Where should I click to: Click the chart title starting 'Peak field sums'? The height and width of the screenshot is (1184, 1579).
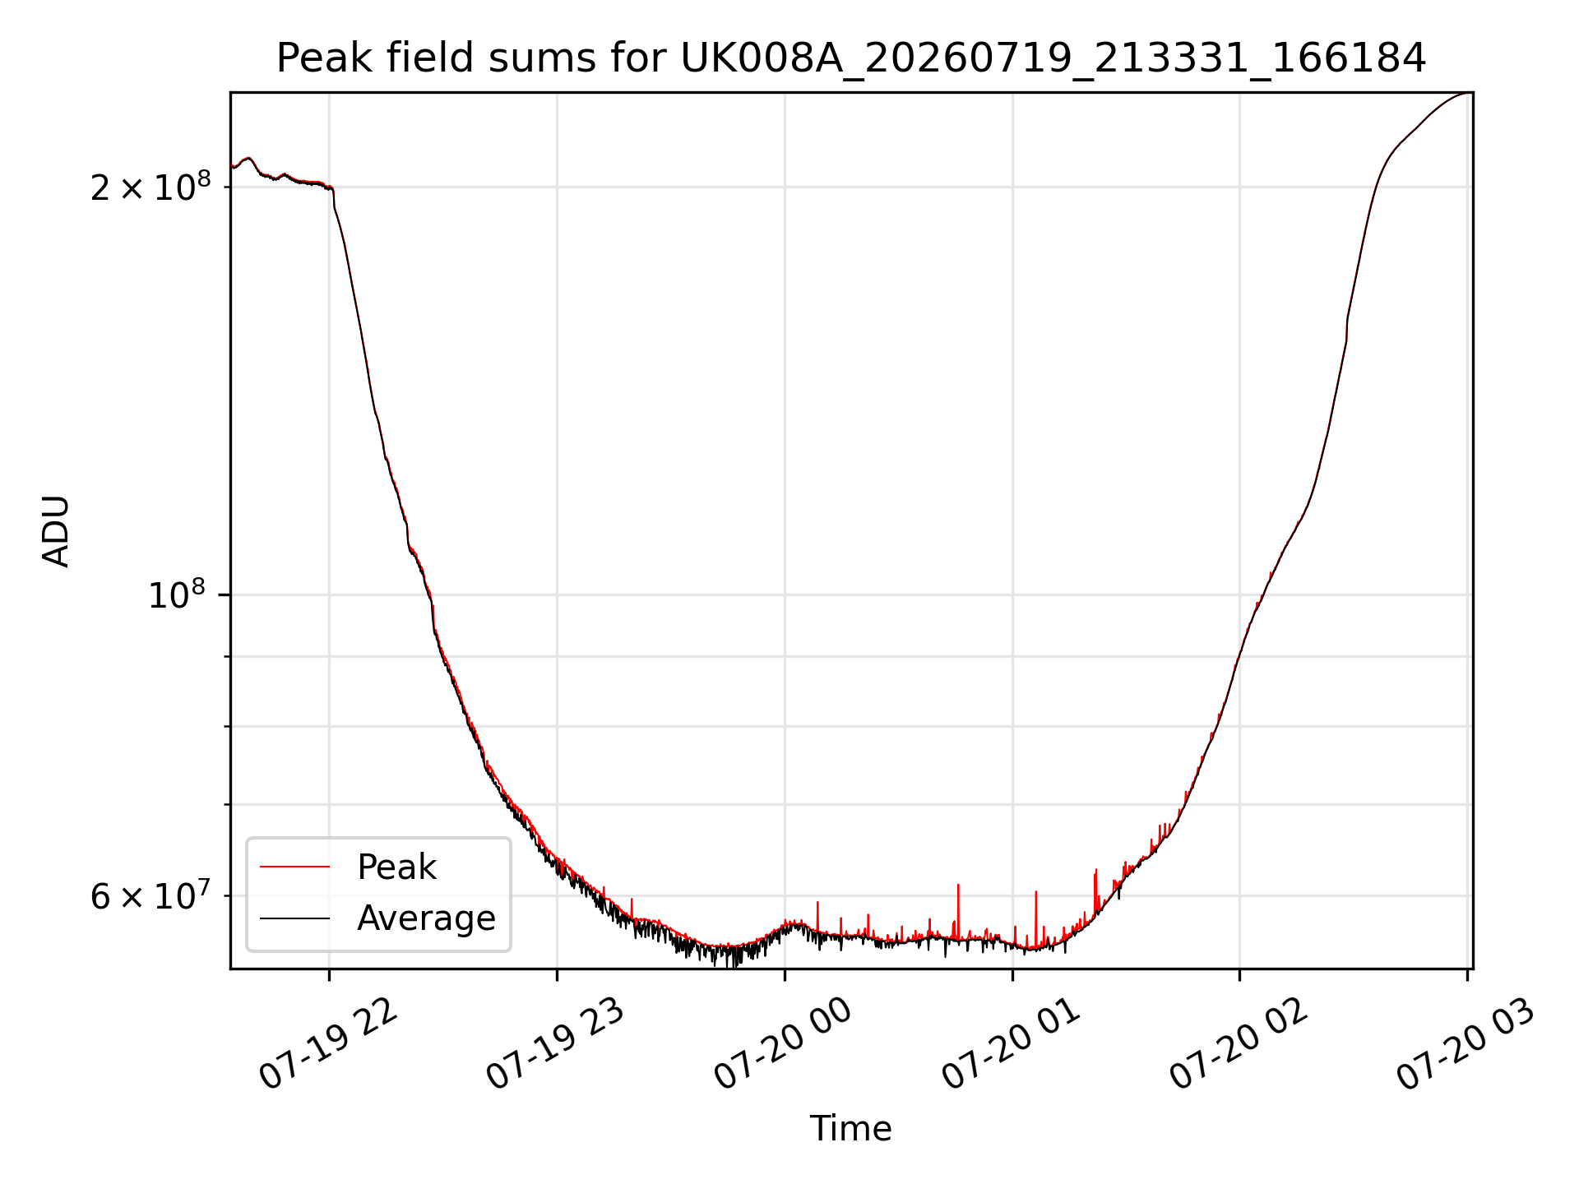tap(851, 58)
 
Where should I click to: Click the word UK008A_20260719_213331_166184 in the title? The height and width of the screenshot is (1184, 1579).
tap(1053, 59)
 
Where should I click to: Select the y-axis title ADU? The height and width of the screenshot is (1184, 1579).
tap(56, 531)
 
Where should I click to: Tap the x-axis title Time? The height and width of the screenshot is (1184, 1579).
tap(851, 1128)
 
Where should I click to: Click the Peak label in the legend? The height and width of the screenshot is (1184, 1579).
tap(396, 867)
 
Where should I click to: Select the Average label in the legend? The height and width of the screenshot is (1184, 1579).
tap(426, 918)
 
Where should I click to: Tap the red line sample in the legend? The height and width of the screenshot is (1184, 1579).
tap(294, 867)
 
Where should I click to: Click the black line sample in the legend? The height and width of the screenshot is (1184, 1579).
tap(294, 918)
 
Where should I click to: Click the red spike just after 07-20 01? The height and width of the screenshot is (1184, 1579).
tap(1036, 917)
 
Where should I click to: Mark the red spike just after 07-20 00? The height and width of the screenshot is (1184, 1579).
tap(817, 917)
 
